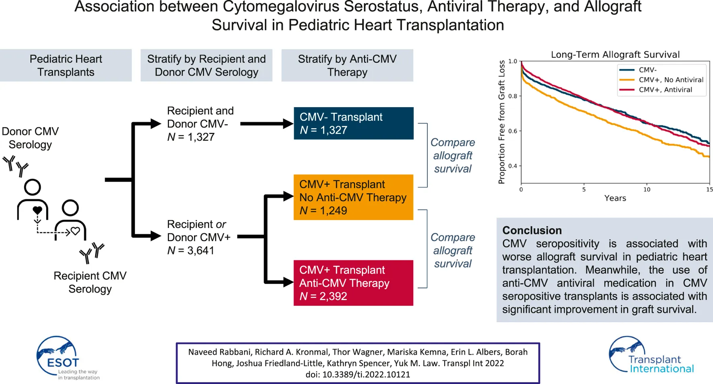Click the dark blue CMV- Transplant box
pos(353,123)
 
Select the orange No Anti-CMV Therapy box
pos(353,197)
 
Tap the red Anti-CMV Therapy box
pos(353,283)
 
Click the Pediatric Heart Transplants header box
pos(66,65)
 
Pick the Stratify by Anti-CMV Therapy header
pos(347,65)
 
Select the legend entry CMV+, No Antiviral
pos(671,80)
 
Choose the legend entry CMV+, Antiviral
pos(665,90)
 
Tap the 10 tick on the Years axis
pos(647,190)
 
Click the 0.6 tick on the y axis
pos(513,131)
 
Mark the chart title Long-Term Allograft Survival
pos(615,55)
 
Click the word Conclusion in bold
pos(532,231)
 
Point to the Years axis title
pos(615,198)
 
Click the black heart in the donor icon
pos(37,210)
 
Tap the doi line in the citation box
pos(358,375)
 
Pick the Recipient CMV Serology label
pos(90,282)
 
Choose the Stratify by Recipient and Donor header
pos(206,65)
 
